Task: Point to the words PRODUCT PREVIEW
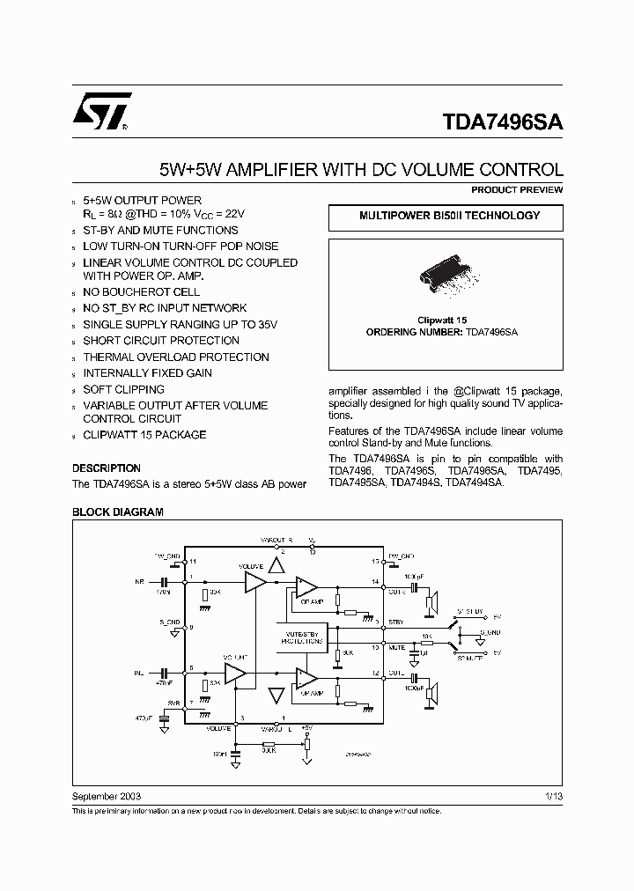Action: point(517,190)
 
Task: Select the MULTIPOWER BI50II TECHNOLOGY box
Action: point(449,216)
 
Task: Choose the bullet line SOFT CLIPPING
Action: point(123,389)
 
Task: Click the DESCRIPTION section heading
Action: point(106,468)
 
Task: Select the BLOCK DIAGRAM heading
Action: point(117,512)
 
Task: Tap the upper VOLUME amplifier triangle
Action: point(255,581)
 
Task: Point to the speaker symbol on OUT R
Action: point(431,604)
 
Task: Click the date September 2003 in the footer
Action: point(107,796)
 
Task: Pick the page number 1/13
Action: point(554,796)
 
